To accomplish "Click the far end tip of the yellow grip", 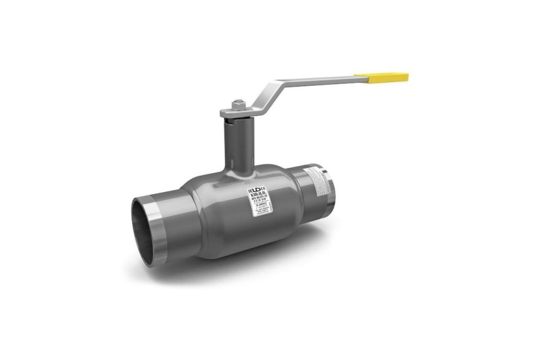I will point(407,77).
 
